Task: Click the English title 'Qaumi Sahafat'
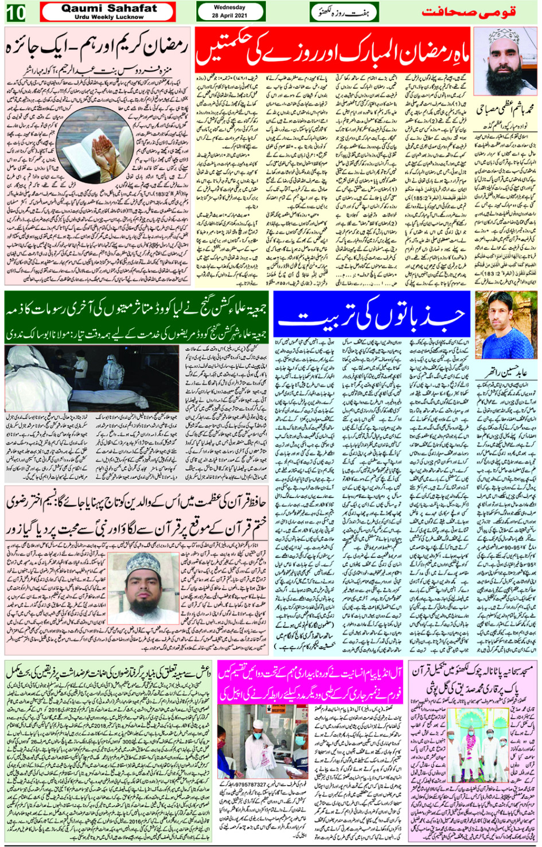pyautogui.click(x=108, y=9)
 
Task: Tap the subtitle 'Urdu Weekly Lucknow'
pyautogui.click(x=108, y=17)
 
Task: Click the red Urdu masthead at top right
pyautogui.click(x=469, y=12)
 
